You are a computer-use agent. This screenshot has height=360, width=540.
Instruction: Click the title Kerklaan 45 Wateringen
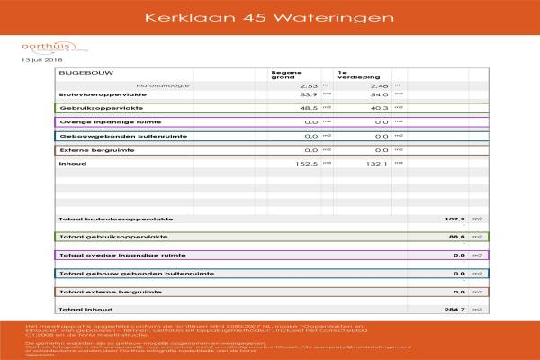pyautogui.click(x=270, y=17)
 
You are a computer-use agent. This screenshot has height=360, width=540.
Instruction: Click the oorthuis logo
pyautogui.click(x=40, y=48)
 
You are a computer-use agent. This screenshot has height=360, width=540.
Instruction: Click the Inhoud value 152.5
pyautogui.click(x=307, y=164)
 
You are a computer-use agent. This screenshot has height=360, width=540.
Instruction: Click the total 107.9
pyautogui.click(x=454, y=219)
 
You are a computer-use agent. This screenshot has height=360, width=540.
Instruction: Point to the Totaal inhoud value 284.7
pyautogui.click(x=454, y=310)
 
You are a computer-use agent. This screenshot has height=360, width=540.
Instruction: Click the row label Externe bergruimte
pyautogui.click(x=90, y=149)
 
